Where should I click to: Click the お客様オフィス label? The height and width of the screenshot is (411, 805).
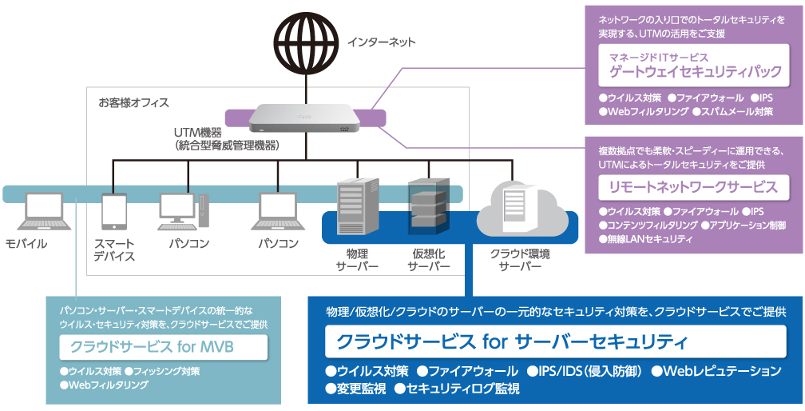click(133, 103)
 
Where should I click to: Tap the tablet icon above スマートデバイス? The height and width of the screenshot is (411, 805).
click(113, 212)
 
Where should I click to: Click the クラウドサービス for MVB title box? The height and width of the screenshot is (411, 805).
click(163, 348)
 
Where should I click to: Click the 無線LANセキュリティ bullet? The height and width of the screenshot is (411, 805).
click(646, 239)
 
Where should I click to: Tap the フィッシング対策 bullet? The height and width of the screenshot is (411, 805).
click(166, 371)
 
